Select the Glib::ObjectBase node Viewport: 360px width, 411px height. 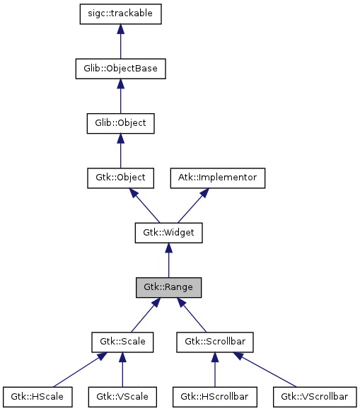[x=120, y=69]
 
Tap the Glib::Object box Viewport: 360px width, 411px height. [x=120, y=123]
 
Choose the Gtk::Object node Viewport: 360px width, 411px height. [x=120, y=178]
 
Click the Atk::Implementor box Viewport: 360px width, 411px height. [x=217, y=178]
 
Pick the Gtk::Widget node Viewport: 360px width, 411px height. [x=168, y=232]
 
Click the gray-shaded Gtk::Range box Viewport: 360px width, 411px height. [x=168, y=287]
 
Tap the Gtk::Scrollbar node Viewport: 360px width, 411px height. [x=214, y=342]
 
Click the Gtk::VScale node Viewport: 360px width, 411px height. [x=122, y=396]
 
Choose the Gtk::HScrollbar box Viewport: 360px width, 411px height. [x=214, y=396]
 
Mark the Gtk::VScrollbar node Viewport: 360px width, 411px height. [x=314, y=396]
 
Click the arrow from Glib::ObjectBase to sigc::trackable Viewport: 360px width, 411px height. [x=120, y=42]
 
